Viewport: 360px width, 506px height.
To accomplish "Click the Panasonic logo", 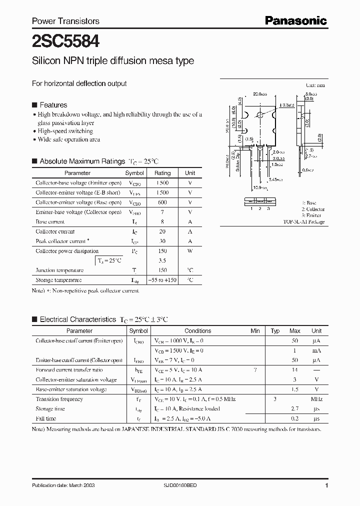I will tap(295, 20).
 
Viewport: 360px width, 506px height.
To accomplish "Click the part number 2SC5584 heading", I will tap(62, 40).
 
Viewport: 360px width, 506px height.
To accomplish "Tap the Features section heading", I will tap(53, 105).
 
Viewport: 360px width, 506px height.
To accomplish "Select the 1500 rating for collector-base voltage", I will tap(162, 183).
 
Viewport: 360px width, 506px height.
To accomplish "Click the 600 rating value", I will tap(162, 202).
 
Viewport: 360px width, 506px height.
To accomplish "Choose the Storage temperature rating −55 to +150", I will tap(162, 280).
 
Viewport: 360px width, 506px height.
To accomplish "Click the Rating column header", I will tap(162, 173).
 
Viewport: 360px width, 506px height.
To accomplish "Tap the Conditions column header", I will tap(198, 331).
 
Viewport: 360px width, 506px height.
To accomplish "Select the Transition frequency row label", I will tap(59, 399).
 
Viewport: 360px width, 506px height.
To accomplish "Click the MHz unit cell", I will tap(316, 399).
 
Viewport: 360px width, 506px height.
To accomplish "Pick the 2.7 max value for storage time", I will tap(295, 409).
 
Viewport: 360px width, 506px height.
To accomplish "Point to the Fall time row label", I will tap(46, 418).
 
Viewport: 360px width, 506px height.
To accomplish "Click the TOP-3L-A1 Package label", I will tap(303, 221).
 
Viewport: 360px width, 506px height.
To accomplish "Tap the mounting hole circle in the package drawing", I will tap(259, 115).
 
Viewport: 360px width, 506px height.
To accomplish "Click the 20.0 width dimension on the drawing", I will tap(259, 93).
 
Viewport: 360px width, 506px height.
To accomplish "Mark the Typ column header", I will tap(275, 331).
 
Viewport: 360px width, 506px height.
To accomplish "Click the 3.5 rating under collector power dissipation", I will tap(162, 260).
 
